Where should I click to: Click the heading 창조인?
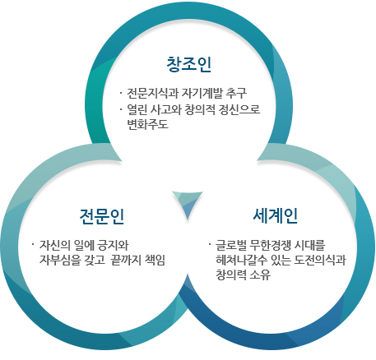[189, 65]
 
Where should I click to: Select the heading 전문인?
[102, 216]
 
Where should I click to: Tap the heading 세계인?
[276, 216]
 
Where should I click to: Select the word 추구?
[236, 93]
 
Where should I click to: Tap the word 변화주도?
[147, 125]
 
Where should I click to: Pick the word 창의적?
[199, 109]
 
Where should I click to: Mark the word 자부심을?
[60, 260]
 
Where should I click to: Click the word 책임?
[155, 260]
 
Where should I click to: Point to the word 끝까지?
[125, 260]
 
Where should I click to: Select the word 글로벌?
[230, 245]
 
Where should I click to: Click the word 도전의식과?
[319, 260]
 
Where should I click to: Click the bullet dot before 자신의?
[34, 243]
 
